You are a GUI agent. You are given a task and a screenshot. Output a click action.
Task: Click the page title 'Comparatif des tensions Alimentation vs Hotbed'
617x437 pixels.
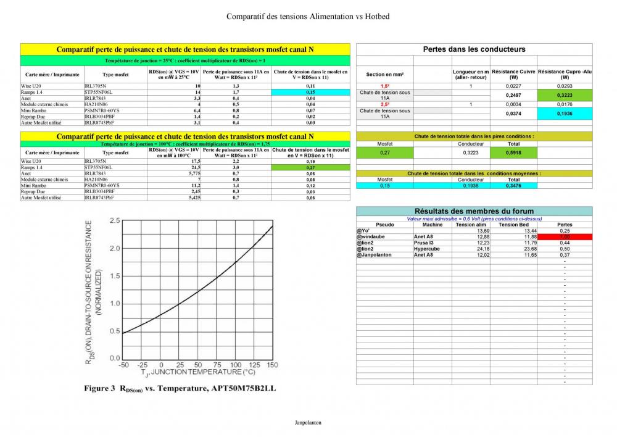(x=308, y=17)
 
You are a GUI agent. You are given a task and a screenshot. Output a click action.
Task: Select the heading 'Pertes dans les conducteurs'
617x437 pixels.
(x=474, y=49)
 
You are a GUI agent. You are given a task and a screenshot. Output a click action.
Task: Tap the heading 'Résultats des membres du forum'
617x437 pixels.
(x=474, y=211)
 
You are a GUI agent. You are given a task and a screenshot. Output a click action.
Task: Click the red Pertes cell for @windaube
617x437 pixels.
(x=565, y=237)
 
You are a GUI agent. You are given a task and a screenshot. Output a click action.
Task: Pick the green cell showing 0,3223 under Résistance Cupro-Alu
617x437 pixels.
(x=565, y=96)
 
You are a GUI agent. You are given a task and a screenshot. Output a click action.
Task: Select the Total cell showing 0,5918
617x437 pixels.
(x=513, y=152)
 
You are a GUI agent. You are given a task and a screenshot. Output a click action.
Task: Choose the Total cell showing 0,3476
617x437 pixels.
(x=513, y=186)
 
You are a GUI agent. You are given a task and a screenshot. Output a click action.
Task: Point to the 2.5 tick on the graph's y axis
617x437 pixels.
(x=114, y=220)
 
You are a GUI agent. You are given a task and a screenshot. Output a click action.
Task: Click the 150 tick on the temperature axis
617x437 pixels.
(x=272, y=365)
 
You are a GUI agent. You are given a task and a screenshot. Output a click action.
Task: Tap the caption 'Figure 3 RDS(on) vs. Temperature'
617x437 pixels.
(x=180, y=388)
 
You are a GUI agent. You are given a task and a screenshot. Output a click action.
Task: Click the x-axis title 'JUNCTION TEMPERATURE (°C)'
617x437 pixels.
(x=197, y=372)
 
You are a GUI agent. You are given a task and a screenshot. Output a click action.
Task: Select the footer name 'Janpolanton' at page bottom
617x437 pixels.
(x=308, y=423)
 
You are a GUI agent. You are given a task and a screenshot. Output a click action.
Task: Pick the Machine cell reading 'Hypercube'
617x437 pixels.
(x=427, y=249)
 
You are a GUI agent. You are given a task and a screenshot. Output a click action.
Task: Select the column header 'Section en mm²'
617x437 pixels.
(x=384, y=74)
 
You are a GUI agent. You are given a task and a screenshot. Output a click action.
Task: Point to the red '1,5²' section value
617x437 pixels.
(x=384, y=86)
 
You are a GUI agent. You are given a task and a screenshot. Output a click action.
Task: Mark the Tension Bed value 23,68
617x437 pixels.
(x=528, y=249)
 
